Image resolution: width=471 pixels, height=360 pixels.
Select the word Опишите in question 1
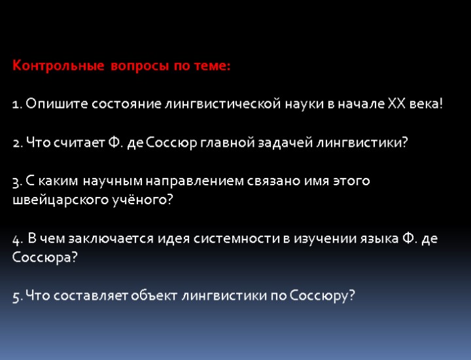pos(57,104)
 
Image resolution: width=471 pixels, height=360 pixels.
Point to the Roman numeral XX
pos(397,104)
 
